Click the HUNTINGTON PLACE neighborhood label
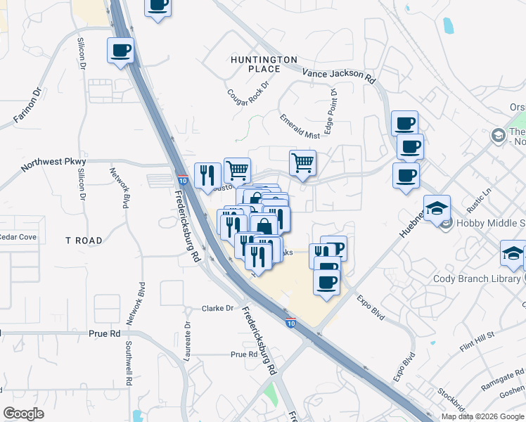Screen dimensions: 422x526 point(264,64)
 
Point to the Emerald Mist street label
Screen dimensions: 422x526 point(299,126)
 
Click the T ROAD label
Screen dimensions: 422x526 point(84,241)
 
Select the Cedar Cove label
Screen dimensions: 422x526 point(18,237)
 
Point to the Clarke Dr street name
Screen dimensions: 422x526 point(217,308)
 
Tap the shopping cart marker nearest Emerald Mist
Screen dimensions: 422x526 point(302,163)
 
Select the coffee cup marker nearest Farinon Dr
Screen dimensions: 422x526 point(120,51)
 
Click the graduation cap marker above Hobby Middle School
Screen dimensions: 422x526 point(437,207)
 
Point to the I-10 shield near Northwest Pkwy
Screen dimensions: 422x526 point(182,181)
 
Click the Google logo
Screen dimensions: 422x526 point(24,414)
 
